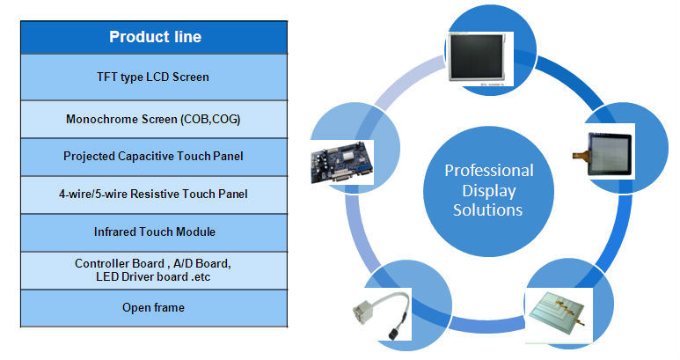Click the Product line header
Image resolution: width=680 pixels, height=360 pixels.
(154, 37)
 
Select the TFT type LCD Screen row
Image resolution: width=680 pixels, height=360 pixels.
(154, 77)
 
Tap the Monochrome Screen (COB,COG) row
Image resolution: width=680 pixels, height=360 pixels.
(154, 119)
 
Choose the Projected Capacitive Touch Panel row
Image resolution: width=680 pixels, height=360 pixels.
(154, 157)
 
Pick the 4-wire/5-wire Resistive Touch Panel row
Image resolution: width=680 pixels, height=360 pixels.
(154, 194)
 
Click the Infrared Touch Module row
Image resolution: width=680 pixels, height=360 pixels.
(154, 231)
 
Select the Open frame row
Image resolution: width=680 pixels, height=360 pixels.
(154, 307)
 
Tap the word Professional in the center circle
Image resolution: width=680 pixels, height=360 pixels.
(488, 171)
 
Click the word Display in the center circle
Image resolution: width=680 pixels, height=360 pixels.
(488, 190)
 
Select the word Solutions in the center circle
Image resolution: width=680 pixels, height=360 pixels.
(488, 209)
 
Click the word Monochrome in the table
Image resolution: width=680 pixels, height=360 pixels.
(101, 119)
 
